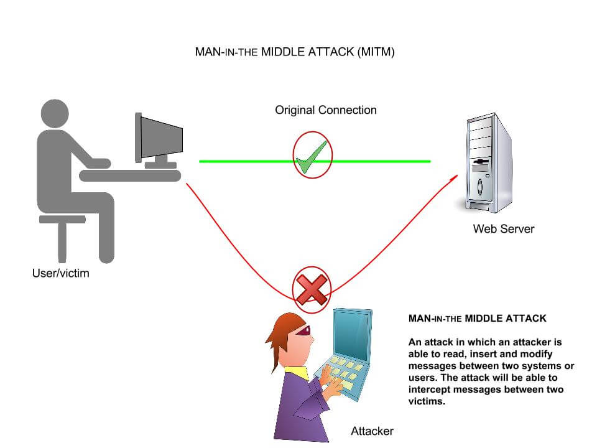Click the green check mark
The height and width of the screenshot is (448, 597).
tap(312, 157)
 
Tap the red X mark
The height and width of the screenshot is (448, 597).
tap(312, 288)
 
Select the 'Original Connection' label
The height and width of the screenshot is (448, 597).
tap(326, 110)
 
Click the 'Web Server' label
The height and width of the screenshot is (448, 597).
tap(503, 228)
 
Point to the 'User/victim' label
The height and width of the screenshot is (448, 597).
tap(60, 273)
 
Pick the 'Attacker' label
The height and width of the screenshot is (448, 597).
tap(372, 431)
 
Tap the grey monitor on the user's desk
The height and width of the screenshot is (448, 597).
tap(160, 138)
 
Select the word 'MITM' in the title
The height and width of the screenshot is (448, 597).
tap(375, 52)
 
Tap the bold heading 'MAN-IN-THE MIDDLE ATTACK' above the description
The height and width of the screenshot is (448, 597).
tap(477, 319)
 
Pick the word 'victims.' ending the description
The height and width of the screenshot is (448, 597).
tap(428, 401)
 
